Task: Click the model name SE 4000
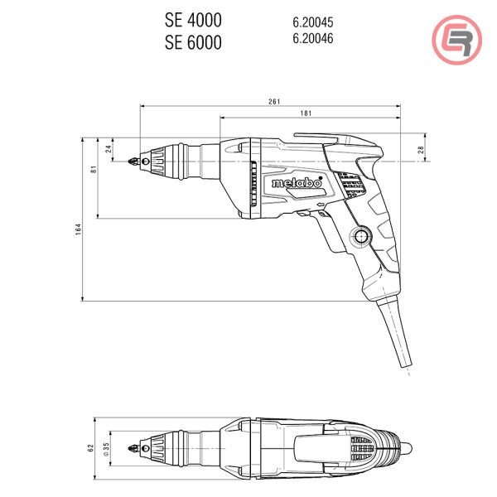[193, 20]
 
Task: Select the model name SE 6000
[193, 42]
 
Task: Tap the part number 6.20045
[313, 22]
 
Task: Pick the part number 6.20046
[313, 38]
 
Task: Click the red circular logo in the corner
[456, 40]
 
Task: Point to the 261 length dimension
[274, 101]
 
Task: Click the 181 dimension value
[306, 113]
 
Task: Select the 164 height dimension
[79, 229]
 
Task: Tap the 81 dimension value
[94, 169]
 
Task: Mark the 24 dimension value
[109, 148]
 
